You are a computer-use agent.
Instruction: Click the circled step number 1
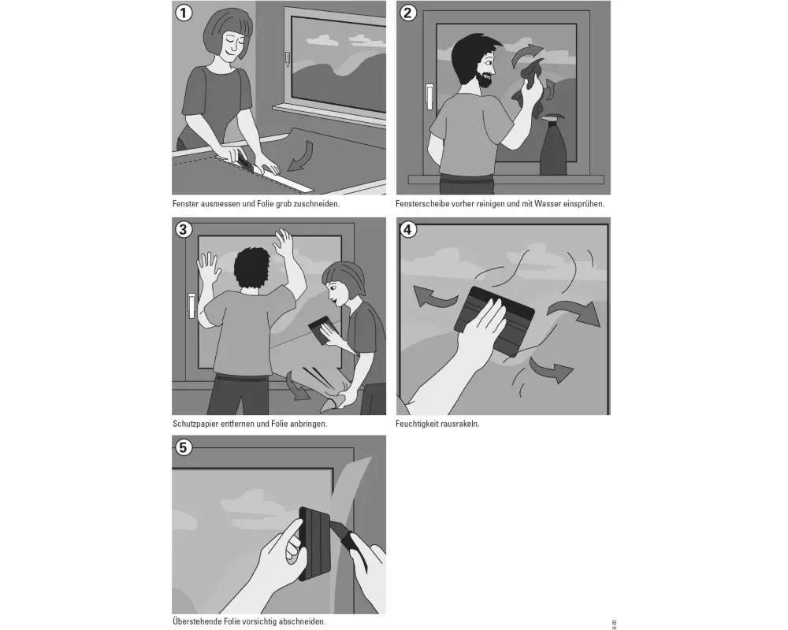pyautogui.click(x=184, y=12)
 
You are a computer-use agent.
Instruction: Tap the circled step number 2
pyautogui.click(x=407, y=12)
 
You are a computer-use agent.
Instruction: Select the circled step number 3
pyautogui.click(x=184, y=230)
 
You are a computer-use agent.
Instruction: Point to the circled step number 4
pyautogui.click(x=407, y=230)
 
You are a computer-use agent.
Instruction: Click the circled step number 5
pyautogui.click(x=184, y=447)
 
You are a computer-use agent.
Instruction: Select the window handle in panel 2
pyautogui.click(x=429, y=96)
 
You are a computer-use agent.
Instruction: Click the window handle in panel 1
pyautogui.click(x=287, y=59)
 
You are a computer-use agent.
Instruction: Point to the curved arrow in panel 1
pyautogui.click(x=301, y=156)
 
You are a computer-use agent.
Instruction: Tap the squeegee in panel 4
pyautogui.click(x=495, y=321)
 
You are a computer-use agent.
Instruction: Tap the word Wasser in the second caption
pyautogui.click(x=548, y=204)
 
